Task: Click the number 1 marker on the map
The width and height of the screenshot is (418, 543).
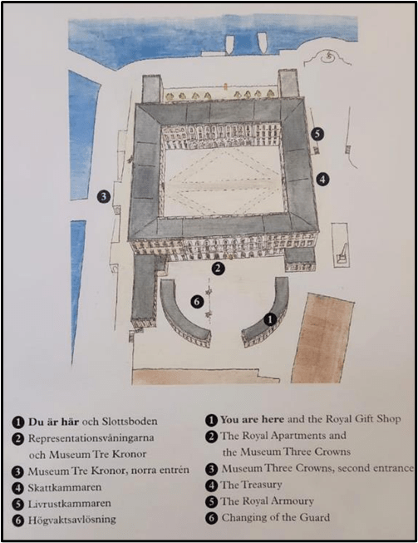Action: [x=270, y=319]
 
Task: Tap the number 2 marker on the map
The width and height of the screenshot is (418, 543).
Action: [x=218, y=269]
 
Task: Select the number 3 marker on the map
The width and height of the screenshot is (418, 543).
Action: [x=104, y=197]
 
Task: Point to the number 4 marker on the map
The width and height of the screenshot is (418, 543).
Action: [x=322, y=180]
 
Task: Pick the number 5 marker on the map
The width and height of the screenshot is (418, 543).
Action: [x=317, y=134]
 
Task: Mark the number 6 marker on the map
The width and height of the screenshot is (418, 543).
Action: [x=197, y=302]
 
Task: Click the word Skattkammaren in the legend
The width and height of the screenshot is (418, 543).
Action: [x=65, y=487]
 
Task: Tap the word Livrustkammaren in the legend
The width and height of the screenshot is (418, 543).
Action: [x=69, y=504]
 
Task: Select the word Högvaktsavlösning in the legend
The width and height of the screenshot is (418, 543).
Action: [x=71, y=520]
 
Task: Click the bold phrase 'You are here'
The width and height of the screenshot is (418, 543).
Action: [x=253, y=419]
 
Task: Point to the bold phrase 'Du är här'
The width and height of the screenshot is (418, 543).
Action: [x=53, y=422]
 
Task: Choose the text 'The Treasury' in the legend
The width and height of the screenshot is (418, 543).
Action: [x=251, y=485]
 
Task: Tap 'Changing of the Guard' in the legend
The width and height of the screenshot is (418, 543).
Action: [x=275, y=518]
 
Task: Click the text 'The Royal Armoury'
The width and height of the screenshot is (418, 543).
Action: [x=267, y=501]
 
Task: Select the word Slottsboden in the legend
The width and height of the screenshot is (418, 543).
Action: [x=130, y=422]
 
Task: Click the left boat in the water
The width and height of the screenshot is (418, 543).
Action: [x=230, y=43]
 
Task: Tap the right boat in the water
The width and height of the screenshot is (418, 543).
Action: [x=263, y=43]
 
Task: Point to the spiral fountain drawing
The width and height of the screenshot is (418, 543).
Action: [x=327, y=57]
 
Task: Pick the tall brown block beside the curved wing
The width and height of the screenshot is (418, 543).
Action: [x=322, y=338]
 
